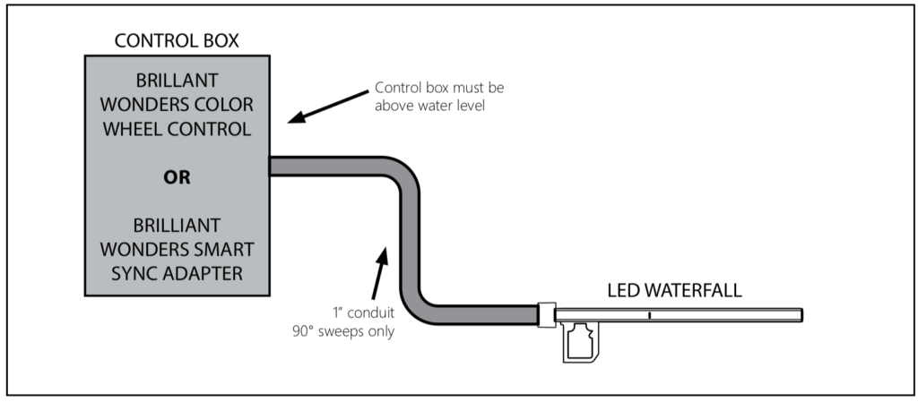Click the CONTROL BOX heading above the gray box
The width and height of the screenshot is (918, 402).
[x=177, y=41]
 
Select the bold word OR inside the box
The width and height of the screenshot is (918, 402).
[x=177, y=177]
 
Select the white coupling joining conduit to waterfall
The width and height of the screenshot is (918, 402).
[x=545, y=313]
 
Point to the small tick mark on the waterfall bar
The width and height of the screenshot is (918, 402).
[x=648, y=314]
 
